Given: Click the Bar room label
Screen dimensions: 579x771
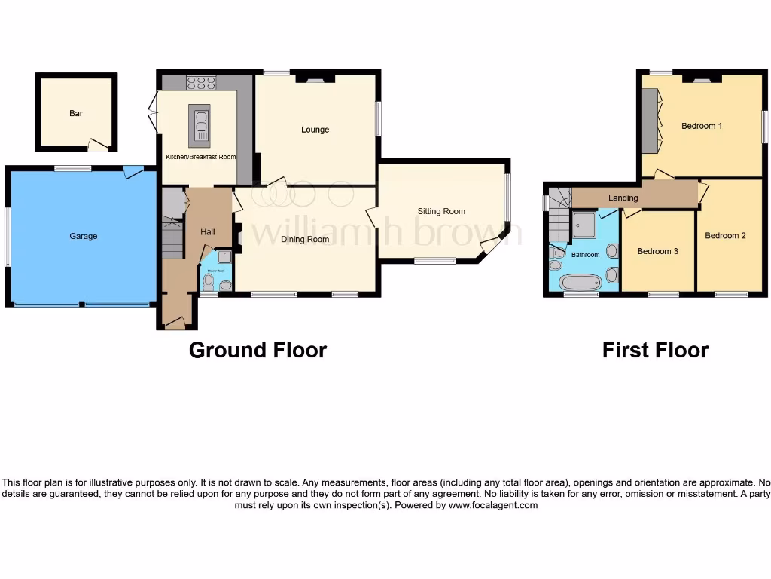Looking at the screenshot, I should click(x=75, y=114).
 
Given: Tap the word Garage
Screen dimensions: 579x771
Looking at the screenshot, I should click(x=84, y=236).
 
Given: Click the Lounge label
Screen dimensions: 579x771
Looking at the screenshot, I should click(x=315, y=130).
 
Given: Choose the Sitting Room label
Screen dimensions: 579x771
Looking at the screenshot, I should click(x=441, y=212).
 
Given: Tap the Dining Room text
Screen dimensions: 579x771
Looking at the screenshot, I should click(x=305, y=240).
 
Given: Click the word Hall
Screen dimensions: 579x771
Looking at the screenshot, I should click(x=207, y=232).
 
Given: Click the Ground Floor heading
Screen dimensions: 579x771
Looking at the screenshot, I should click(x=258, y=351).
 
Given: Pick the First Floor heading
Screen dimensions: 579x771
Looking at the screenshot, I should click(x=655, y=351).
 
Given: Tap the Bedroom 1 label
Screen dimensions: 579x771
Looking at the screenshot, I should click(x=702, y=126).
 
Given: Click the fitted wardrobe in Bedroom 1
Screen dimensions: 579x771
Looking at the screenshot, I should click(x=649, y=121).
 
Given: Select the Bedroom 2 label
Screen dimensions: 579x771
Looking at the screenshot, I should click(x=725, y=236).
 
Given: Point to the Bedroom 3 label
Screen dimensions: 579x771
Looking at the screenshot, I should click(x=657, y=251).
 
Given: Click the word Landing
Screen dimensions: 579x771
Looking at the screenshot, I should click(x=623, y=198).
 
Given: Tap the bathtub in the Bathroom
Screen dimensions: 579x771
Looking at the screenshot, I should click(x=581, y=283).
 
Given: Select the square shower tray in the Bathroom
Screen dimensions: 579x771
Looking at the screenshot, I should click(x=584, y=224).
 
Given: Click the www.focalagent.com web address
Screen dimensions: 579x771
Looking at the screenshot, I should click(x=493, y=506).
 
